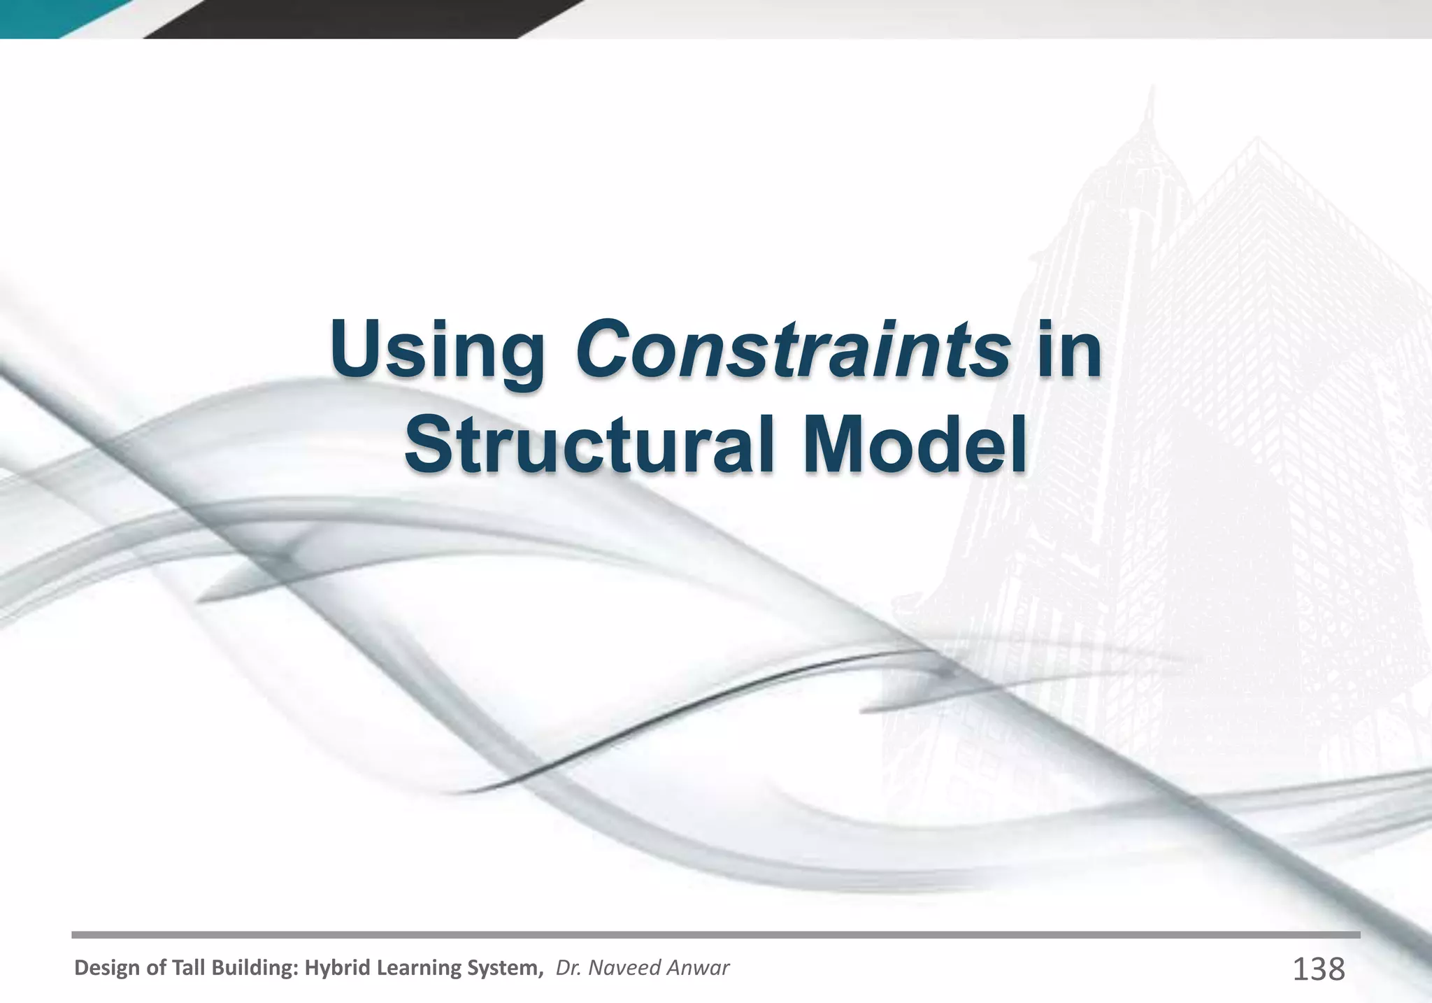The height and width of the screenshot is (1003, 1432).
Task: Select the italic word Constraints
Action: pyautogui.click(x=792, y=347)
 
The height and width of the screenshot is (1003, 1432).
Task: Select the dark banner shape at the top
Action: pyautogui.click(x=350, y=17)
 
